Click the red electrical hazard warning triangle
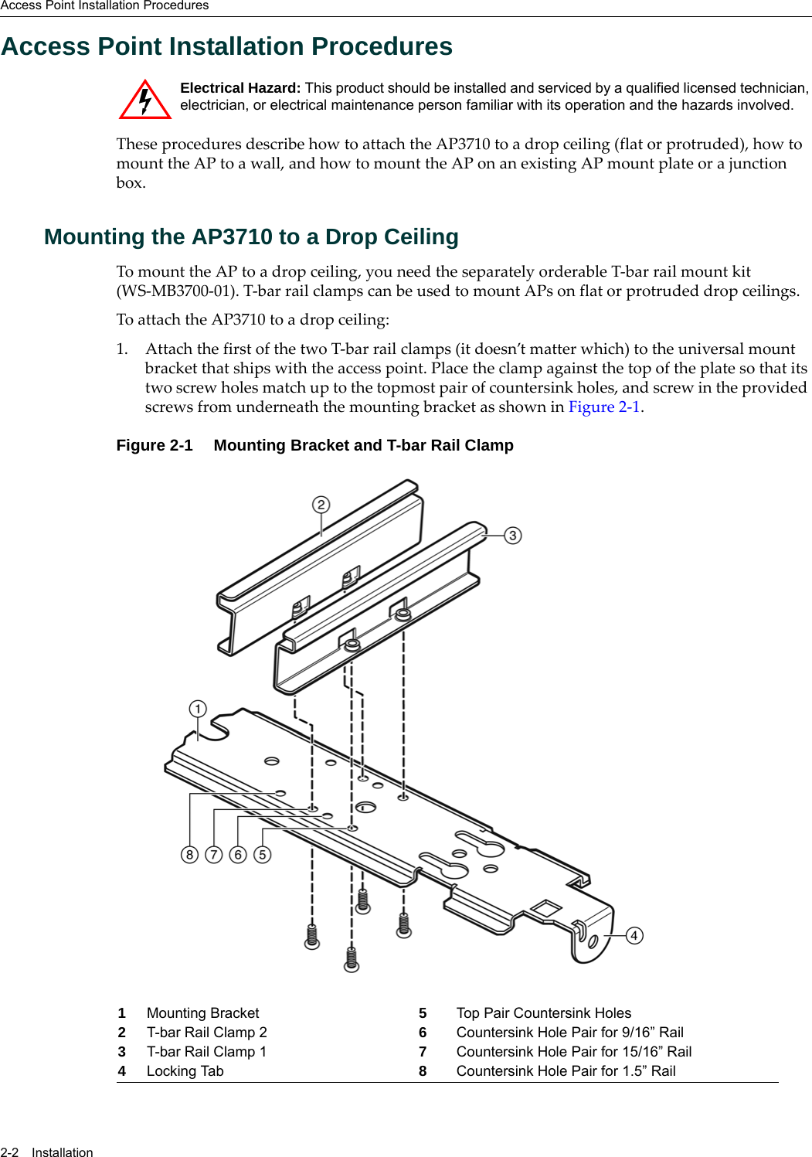pos(144,101)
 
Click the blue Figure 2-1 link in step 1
pos(604,407)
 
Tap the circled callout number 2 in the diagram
pos(321,505)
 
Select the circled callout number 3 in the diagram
pos(512,536)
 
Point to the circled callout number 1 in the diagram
pos(198,709)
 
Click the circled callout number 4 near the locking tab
pos(634,935)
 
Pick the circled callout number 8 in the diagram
pos(189,854)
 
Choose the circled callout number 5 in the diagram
pos(263,854)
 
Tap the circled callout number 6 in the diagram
pos(238,854)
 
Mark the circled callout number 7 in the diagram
pos(214,854)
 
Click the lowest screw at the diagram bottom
pos(352,959)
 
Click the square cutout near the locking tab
pos(546,908)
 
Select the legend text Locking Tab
pos(185,1071)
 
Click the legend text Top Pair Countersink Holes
pos(543,1013)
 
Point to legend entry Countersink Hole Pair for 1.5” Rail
pos(566,1071)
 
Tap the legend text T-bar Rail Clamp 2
pos(206,1033)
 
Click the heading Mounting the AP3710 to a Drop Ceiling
pos(251,237)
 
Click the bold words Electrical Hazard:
pos(240,88)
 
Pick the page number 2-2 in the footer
pos(9,1152)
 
